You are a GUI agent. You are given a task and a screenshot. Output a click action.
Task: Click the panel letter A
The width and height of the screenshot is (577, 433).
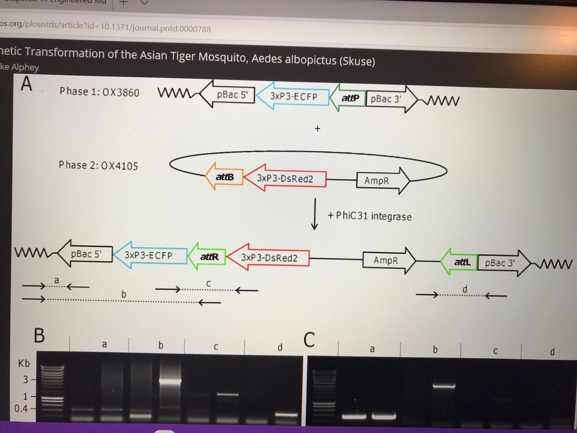pyautogui.click(x=26, y=85)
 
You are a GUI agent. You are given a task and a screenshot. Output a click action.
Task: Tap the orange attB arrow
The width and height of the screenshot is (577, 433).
pyautogui.click(x=223, y=177)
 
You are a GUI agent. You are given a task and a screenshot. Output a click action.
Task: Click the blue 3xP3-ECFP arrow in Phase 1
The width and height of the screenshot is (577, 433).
pyautogui.click(x=291, y=96)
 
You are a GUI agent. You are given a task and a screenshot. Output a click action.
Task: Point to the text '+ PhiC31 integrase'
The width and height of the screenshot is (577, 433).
pyautogui.click(x=370, y=216)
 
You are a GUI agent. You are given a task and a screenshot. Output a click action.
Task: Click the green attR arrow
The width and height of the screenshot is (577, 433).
pyautogui.click(x=207, y=257)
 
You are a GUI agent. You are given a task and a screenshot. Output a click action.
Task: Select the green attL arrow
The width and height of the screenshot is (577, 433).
pyautogui.click(x=460, y=262)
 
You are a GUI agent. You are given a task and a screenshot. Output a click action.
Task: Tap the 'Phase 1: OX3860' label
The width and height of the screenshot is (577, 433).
pyautogui.click(x=99, y=92)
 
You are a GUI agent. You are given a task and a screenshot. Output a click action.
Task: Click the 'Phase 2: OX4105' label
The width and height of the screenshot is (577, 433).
pyautogui.click(x=98, y=165)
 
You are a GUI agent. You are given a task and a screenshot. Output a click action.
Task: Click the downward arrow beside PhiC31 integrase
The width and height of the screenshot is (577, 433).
pyautogui.click(x=315, y=214)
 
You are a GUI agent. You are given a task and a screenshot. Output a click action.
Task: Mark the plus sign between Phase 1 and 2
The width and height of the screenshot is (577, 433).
pyautogui.click(x=317, y=129)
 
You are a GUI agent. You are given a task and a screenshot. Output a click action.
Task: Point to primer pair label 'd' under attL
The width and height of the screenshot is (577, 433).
pyautogui.click(x=464, y=289)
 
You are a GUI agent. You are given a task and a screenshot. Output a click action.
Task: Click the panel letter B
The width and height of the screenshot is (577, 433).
pyautogui.click(x=38, y=335)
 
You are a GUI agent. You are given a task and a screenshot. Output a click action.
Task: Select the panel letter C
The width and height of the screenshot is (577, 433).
pyautogui.click(x=309, y=340)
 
